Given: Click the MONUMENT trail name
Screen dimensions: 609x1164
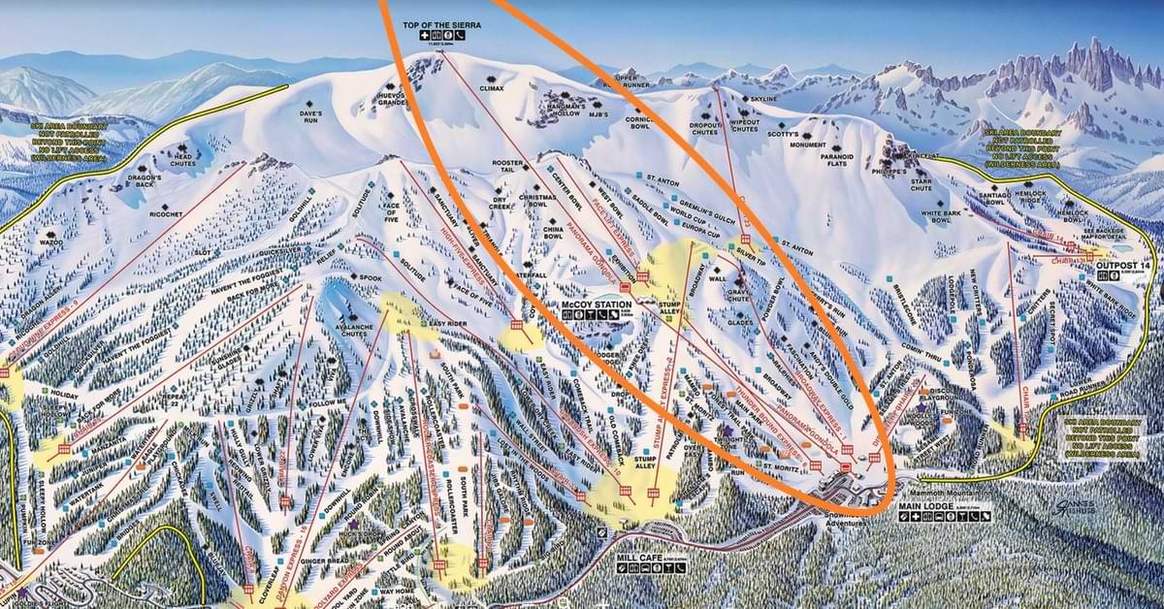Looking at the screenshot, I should coord(807,144).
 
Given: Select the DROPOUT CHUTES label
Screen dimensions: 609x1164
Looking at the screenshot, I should coord(706,128).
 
